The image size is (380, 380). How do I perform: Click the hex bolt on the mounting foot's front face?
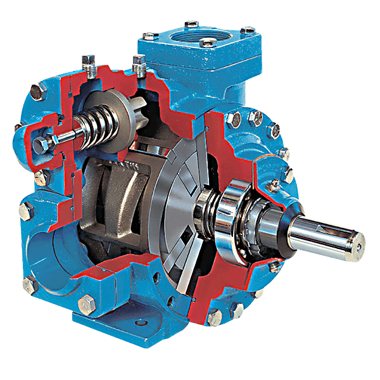click(x=85, y=307)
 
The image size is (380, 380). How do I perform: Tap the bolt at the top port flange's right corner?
click(x=248, y=30)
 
